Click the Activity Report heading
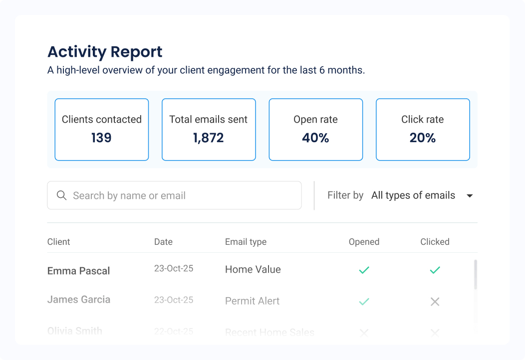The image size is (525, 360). point(105,52)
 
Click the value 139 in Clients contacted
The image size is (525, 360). point(101,138)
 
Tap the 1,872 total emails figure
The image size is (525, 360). point(209,138)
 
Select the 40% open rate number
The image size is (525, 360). point(315,138)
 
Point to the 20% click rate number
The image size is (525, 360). point(423,138)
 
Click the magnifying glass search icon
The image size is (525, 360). point(62,195)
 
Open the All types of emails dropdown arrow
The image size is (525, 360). point(469,196)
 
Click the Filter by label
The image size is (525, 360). point(345,195)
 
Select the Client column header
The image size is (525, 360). point(59,242)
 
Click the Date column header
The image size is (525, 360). point(163,242)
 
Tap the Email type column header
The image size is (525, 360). point(246,242)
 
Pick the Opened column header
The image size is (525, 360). point(364,242)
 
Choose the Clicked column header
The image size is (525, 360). point(435,242)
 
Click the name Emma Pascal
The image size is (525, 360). point(79,271)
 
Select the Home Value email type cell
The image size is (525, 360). point(253,270)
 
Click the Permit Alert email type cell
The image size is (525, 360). point(252,301)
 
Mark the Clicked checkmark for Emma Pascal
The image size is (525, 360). point(435,270)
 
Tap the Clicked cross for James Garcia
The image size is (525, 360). point(435,302)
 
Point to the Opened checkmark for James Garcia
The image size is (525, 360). point(364,302)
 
